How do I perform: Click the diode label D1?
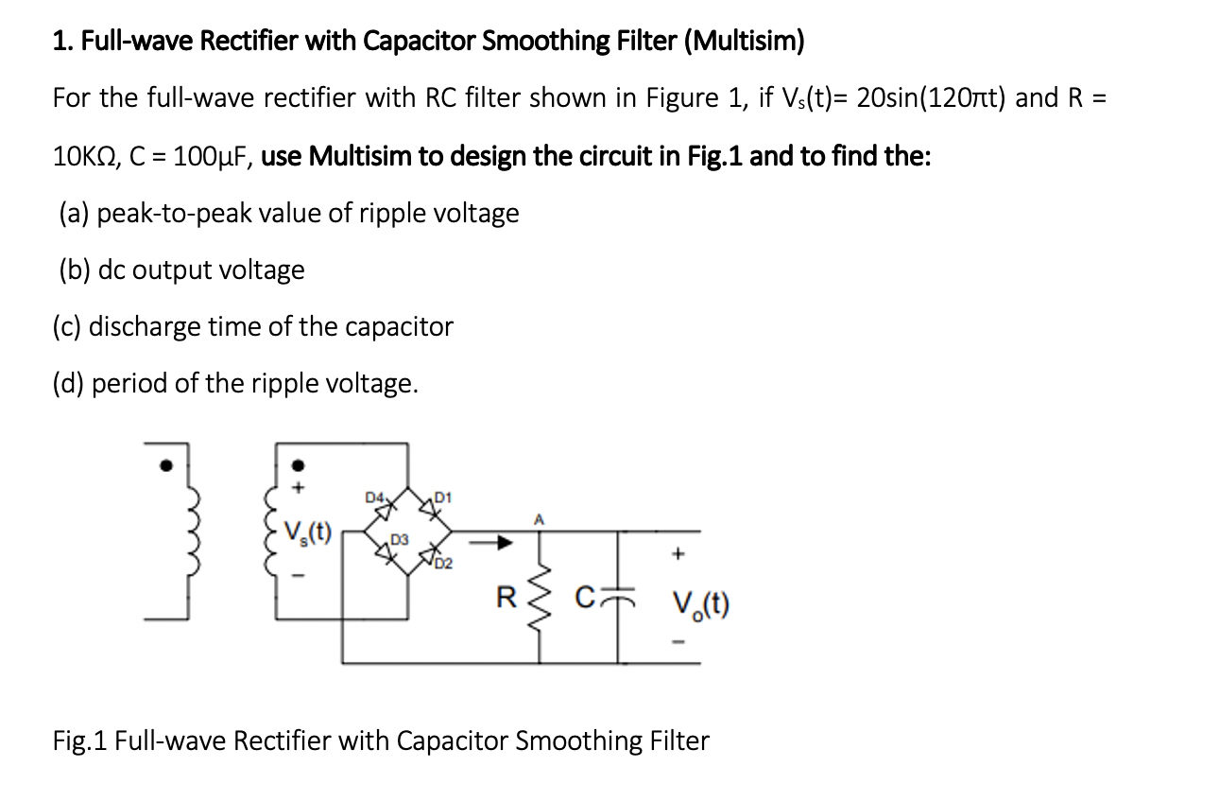point(445,497)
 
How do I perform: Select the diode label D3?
point(399,540)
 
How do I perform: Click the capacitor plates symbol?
point(620,595)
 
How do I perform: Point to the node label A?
point(540,517)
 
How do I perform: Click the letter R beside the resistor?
point(506,597)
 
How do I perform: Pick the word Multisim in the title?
point(750,41)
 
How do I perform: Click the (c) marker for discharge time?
point(66,327)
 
